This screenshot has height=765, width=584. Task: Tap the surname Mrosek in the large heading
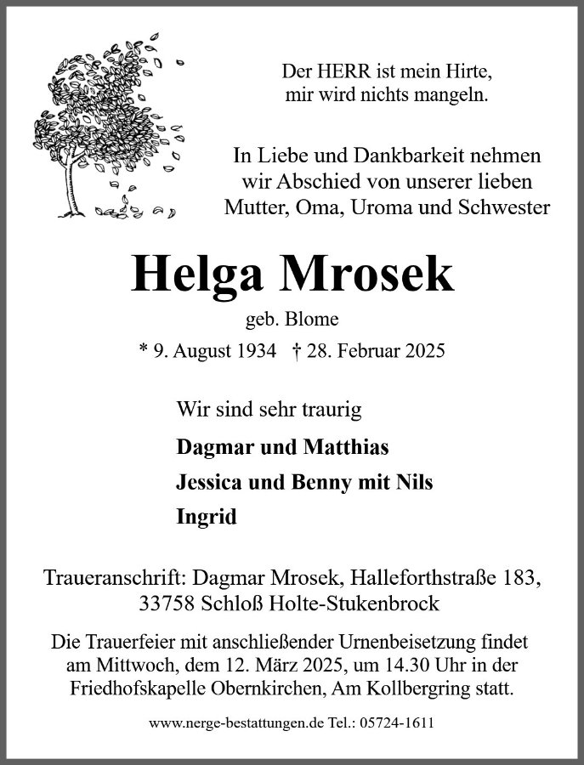pyautogui.click(x=371, y=273)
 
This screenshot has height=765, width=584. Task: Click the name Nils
pyautogui.click(x=414, y=482)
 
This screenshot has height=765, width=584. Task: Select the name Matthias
pyautogui.click(x=344, y=446)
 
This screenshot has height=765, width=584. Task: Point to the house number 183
pyautogui.click(x=520, y=579)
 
